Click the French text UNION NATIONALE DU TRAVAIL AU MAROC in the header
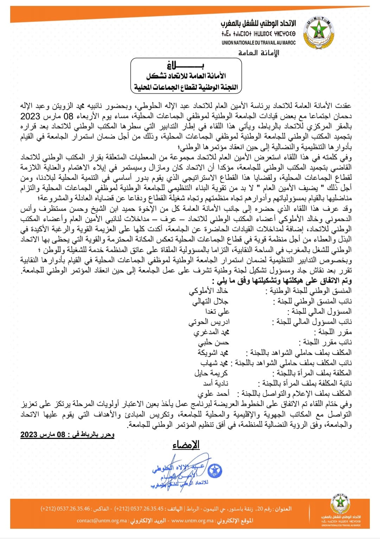click(259, 43)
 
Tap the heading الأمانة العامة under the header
click(259, 53)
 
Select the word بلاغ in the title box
click(186, 65)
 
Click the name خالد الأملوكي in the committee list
click(208, 291)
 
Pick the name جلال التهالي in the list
click(210, 301)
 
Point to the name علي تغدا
click(217, 311)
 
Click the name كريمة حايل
click(211, 373)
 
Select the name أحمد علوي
click(213, 394)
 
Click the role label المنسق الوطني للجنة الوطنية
click(311, 291)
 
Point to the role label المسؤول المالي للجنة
click(319, 311)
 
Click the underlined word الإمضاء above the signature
click(186, 445)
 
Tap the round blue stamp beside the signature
click(214, 470)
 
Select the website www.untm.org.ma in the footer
click(192, 521)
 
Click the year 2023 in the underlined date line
click(29, 434)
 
